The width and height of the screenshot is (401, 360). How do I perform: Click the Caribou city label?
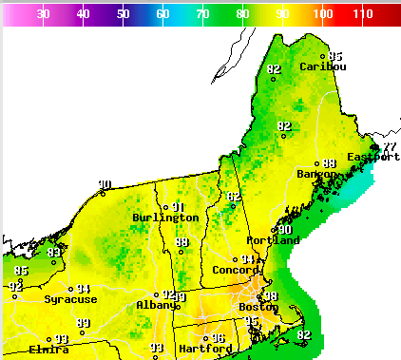pyautogui.click(x=322, y=66)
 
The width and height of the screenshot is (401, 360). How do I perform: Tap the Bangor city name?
pyautogui.click(x=316, y=174)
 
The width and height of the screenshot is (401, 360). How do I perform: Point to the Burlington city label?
pyautogui.click(x=165, y=218)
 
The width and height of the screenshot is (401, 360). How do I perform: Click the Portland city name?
pyautogui.click(x=274, y=240)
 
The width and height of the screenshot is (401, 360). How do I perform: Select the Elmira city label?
pyautogui.click(x=48, y=349)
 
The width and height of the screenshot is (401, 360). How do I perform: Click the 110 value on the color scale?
pyautogui.click(x=363, y=14)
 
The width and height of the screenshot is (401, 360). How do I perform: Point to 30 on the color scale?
pyautogui.click(x=43, y=14)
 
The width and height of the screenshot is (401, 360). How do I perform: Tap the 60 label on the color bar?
pyautogui.click(x=162, y=14)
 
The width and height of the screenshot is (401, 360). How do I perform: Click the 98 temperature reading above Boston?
pyautogui.click(x=270, y=296)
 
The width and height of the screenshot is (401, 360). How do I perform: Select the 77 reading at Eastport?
pyautogui.click(x=390, y=146)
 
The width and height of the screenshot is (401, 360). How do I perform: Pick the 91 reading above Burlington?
pyautogui.click(x=177, y=207)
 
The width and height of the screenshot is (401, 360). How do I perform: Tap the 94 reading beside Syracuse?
pyautogui.click(x=84, y=289)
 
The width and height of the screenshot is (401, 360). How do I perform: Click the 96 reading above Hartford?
pyautogui.click(x=218, y=338)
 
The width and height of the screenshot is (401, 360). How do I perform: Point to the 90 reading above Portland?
pyautogui.click(x=284, y=230)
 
